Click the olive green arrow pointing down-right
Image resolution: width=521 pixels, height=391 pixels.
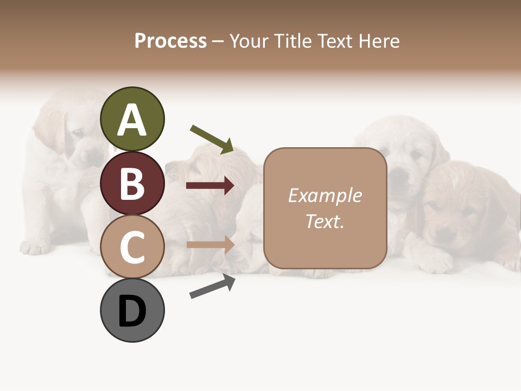[x=212, y=139]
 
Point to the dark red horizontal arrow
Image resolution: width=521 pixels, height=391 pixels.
[x=210, y=186]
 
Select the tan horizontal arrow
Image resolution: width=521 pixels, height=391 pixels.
[x=210, y=244]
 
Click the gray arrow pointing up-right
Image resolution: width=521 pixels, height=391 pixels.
[x=212, y=287]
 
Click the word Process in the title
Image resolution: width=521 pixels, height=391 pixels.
[x=170, y=41]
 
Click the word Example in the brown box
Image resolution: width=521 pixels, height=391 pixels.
[x=325, y=195]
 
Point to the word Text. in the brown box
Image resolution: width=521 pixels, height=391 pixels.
[x=325, y=222]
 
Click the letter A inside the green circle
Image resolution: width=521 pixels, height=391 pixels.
[x=132, y=121]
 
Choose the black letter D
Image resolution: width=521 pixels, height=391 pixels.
[x=132, y=311]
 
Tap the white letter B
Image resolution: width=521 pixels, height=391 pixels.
[x=132, y=184]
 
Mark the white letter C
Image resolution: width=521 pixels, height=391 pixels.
[x=132, y=248]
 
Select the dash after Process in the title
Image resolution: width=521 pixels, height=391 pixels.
[x=218, y=41]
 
